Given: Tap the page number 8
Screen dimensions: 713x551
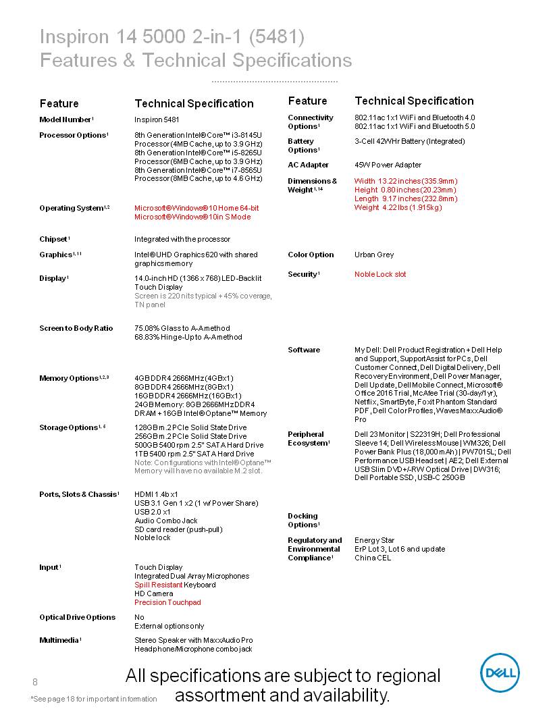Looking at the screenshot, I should pos(35,680).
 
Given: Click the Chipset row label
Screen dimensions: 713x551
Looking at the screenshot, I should pos(55,239).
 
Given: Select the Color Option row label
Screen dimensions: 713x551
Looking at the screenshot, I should pos(311,255).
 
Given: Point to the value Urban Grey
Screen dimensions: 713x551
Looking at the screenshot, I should pos(374,255).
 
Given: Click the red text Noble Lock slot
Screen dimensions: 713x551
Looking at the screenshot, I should pos(380,274).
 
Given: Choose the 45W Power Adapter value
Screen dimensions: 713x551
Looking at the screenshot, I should pos(388,165).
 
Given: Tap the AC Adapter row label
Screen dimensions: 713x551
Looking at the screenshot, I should pos(308,165).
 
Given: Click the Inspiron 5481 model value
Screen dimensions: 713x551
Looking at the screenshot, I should pos(157,120).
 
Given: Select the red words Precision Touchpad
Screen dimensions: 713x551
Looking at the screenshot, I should pos(167,602).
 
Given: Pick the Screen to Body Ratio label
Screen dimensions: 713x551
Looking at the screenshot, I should pos(76,328).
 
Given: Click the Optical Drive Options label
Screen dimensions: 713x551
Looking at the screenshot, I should pos(77,617).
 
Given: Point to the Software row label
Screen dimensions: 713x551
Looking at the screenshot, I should pos(304,350).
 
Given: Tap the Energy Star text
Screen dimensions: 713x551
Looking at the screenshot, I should pos(375,540).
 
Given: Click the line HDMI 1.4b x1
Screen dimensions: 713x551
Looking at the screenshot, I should pos(156,494).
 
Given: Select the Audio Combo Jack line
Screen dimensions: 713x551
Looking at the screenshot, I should pos(166,521).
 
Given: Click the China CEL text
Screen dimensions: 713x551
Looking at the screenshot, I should pos(373,558).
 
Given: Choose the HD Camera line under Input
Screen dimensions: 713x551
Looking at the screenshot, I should pos(154,593).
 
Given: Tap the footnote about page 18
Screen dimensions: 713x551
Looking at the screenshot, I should pos(94,699).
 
